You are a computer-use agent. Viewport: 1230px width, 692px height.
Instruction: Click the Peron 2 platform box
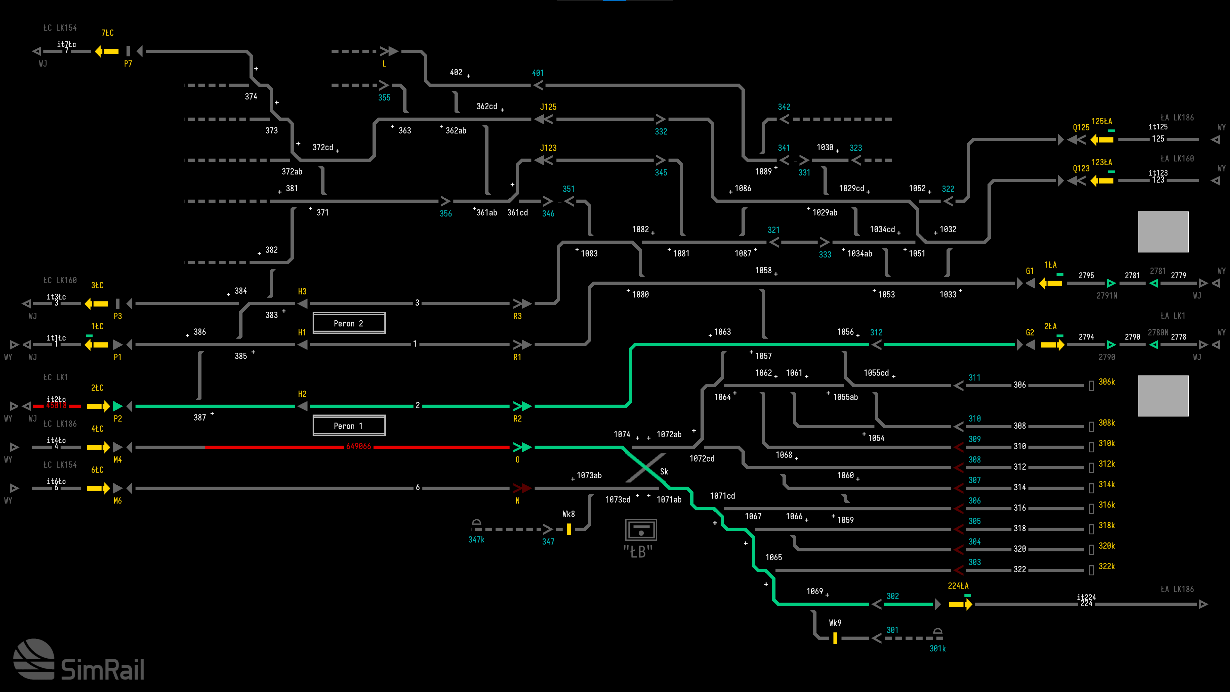348,323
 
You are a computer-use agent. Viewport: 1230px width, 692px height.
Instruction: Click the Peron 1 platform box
348,425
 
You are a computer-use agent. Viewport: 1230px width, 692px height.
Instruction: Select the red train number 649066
358,447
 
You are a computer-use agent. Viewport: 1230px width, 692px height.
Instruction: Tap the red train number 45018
56,406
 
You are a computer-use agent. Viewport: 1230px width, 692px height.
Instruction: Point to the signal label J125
548,107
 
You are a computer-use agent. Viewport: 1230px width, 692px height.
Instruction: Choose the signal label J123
548,148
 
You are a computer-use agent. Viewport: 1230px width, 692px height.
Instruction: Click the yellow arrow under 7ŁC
107,51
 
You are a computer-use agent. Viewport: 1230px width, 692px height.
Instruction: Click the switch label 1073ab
589,475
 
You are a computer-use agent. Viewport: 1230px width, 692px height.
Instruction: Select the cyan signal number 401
538,73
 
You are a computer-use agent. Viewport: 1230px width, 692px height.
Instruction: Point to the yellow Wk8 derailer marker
569,529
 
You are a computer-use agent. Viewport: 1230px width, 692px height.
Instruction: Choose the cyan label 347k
476,540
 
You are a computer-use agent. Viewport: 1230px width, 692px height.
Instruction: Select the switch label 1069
815,591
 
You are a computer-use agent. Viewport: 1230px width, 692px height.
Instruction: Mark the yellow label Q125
1081,128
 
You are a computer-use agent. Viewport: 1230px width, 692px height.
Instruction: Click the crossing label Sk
664,471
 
